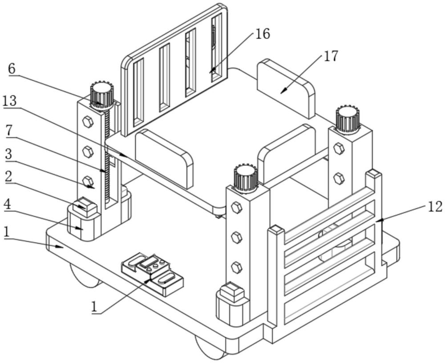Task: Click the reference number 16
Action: tap(263, 34)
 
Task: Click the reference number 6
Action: tap(12, 68)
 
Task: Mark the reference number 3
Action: tap(8, 155)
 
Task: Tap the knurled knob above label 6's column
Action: tap(101, 94)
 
